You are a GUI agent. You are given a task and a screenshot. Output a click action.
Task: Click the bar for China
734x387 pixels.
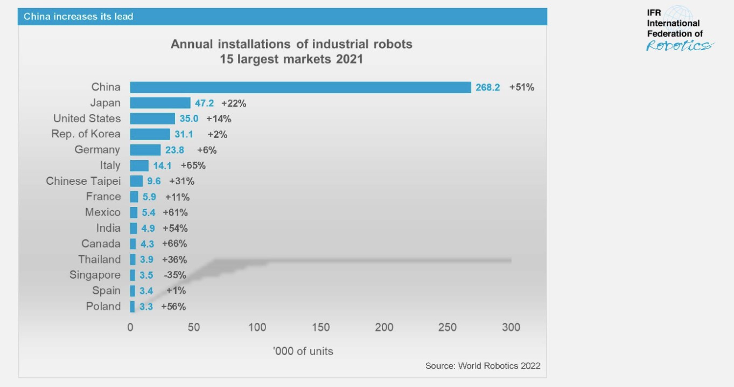(x=300, y=87)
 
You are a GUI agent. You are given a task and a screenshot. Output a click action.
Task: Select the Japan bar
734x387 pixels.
(x=160, y=103)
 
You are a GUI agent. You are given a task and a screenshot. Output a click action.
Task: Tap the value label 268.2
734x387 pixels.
(x=487, y=87)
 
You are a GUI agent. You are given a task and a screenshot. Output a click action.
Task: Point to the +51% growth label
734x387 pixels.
(x=521, y=87)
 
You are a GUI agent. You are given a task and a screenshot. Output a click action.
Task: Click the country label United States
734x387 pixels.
(x=87, y=119)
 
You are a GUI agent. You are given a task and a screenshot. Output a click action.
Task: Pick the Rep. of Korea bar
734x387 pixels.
(x=150, y=134)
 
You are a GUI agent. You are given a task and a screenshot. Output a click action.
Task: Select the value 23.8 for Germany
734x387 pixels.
(x=174, y=150)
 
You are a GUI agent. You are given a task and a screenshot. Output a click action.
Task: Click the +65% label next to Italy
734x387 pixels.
(x=193, y=165)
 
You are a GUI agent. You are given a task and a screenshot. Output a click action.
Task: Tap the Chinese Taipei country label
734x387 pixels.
(x=83, y=181)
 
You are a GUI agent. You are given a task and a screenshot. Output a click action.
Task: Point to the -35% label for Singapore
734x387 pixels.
(x=174, y=275)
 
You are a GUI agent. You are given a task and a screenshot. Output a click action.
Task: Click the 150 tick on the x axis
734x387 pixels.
(x=320, y=327)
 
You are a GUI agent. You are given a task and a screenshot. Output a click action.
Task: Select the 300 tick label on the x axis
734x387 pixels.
(x=511, y=327)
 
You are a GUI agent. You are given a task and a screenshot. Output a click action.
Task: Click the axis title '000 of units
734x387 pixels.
(x=303, y=351)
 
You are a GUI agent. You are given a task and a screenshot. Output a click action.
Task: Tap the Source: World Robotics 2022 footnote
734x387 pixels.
(x=483, y=366)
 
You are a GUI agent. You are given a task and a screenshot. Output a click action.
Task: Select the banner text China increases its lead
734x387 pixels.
(x=78, y=17)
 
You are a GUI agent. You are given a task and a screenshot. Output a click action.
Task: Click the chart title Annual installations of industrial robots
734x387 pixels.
(x=291, y=44)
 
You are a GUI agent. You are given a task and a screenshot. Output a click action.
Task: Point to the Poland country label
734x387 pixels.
(x=103, y=306)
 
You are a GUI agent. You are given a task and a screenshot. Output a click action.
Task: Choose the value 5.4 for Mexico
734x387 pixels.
(x=148, y=212)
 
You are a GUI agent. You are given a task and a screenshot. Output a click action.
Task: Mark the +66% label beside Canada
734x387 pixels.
(x=174, y=244)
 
